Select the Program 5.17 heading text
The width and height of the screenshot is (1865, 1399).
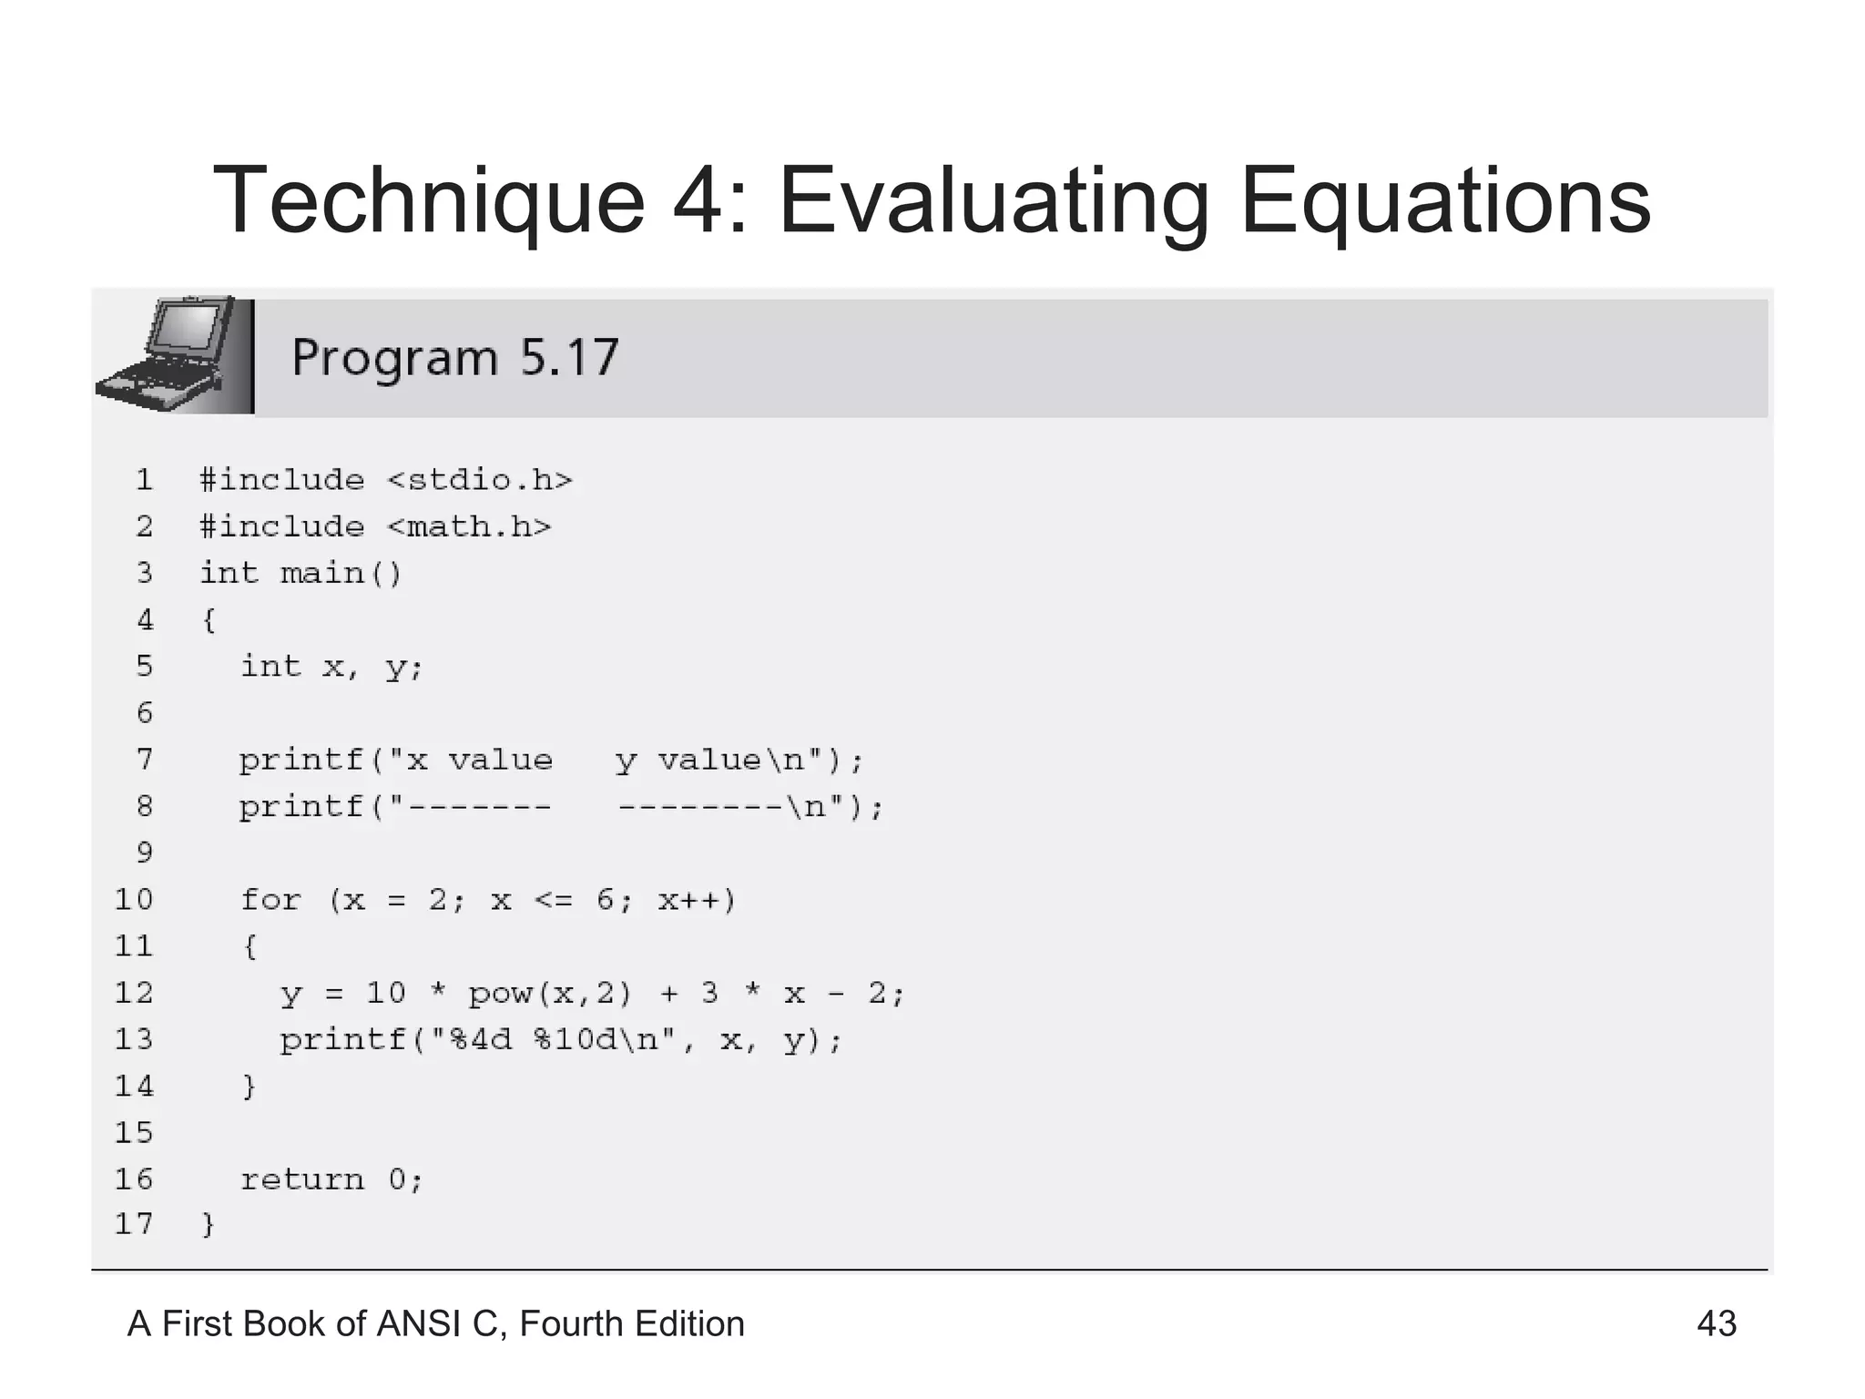(454, 357)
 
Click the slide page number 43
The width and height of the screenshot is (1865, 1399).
(1716, 1323)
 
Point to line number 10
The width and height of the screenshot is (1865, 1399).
(134, 900)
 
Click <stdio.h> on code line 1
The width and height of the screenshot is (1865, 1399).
(480, 480)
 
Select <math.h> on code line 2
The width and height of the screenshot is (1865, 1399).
(469, 526)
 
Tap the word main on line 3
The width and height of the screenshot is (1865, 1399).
(321, 573)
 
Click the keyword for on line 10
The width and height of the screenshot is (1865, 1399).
(270, 900)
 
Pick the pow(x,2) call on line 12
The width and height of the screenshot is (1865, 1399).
(549, 993)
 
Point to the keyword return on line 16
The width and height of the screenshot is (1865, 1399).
(301, 1179)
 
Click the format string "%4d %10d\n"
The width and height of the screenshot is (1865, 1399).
(547, 1039)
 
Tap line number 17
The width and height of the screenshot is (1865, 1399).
(134, 1224)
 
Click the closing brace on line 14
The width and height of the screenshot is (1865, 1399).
(249, 1087)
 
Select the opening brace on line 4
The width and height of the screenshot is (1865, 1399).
(209, 620)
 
